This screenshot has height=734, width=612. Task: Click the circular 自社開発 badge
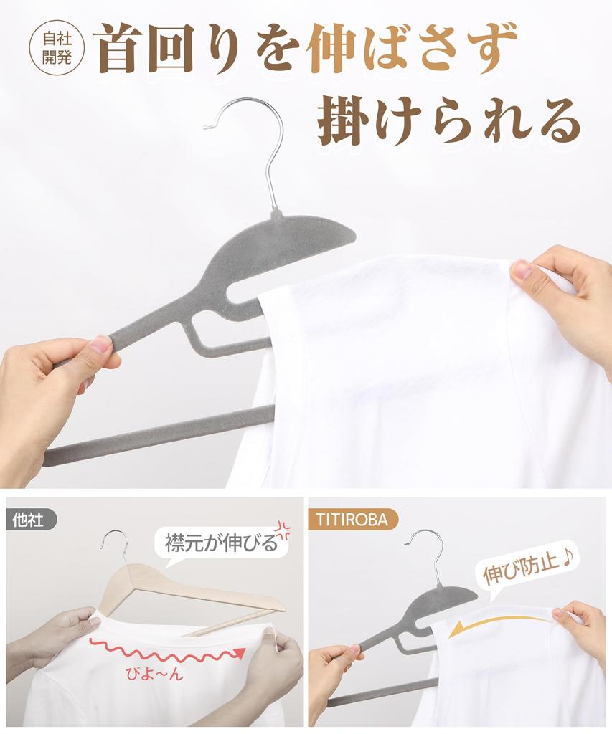pyautogui.click(x=57, y=48)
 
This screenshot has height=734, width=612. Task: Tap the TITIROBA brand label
pyautogui.click(x=353, y=520)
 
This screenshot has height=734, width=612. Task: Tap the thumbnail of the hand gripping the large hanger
pyautogui.click(x=100, y=345)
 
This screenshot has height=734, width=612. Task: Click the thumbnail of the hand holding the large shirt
pyautogui.click(x=522, y=270)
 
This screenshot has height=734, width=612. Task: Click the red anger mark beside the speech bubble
pyautogui.click(x=283, y=530)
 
